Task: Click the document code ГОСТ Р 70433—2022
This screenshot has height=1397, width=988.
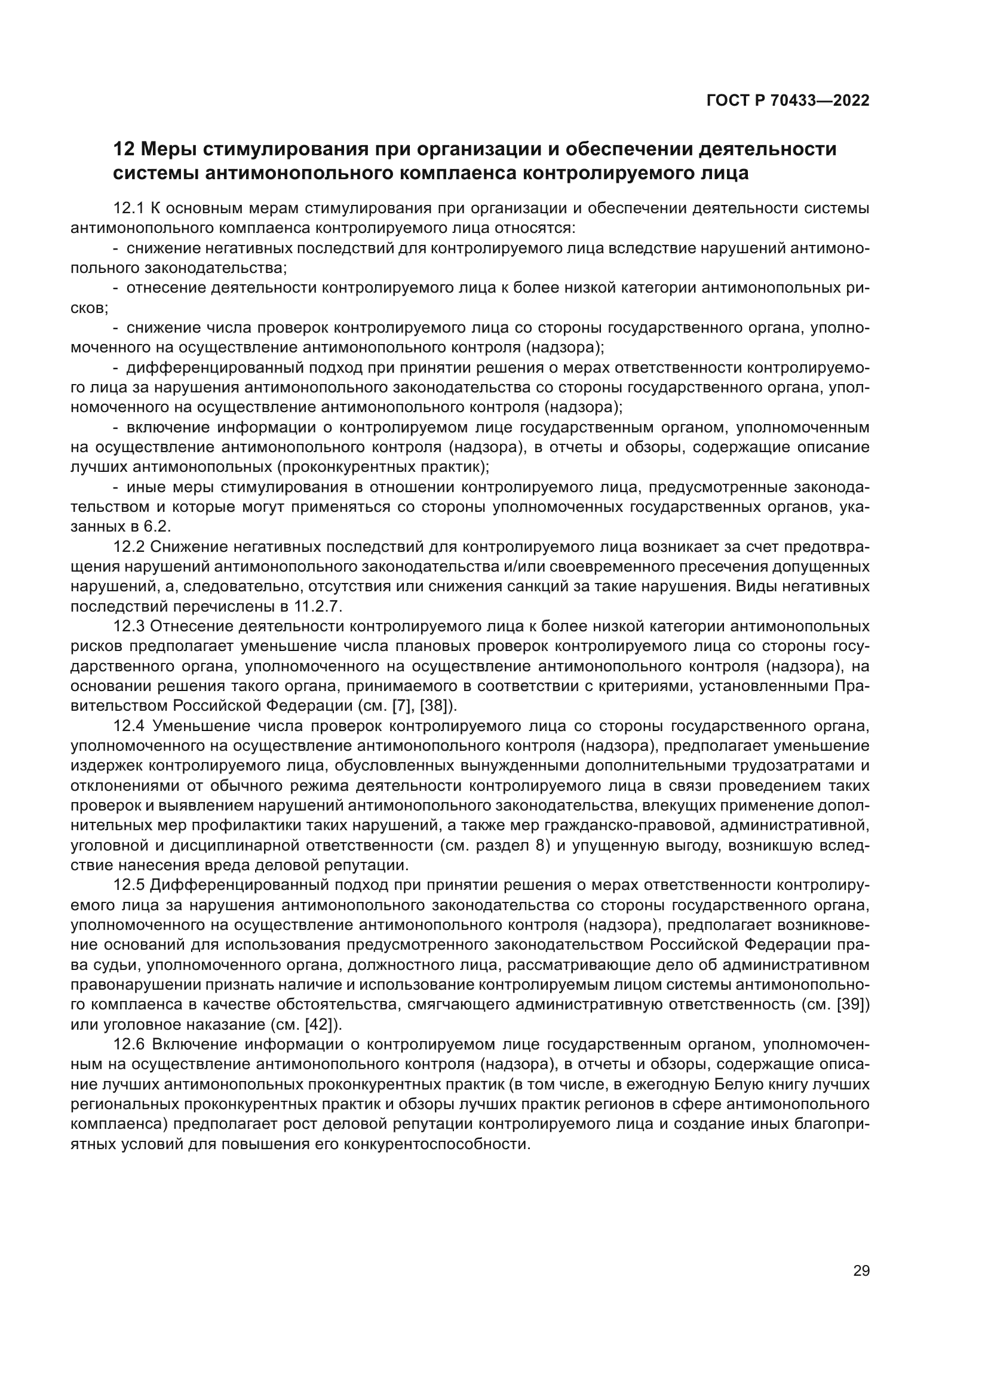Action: pos(788,101)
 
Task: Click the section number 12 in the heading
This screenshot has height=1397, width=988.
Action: pos(124,149)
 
